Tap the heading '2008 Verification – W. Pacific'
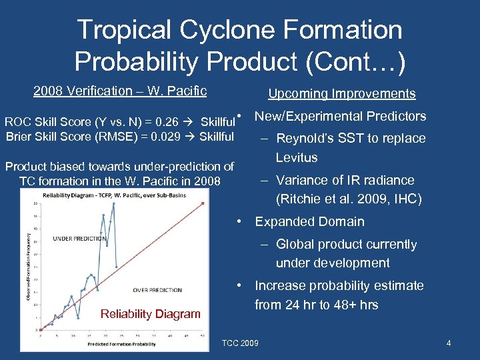pos(120,91)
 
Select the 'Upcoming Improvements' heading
pos(341,94)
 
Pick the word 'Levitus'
pos(297,158)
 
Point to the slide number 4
pos(449,343)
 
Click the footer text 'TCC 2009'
pos(242,343)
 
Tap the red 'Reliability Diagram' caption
pos(150,314)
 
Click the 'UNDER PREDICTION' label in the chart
pos(79,239)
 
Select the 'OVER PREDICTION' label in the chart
pos(157,290)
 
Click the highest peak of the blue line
pos(113,203)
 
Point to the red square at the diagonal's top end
pos(202,202)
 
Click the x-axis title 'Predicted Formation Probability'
pos(121,344)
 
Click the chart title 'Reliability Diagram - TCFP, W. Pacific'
pos(119,194)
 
